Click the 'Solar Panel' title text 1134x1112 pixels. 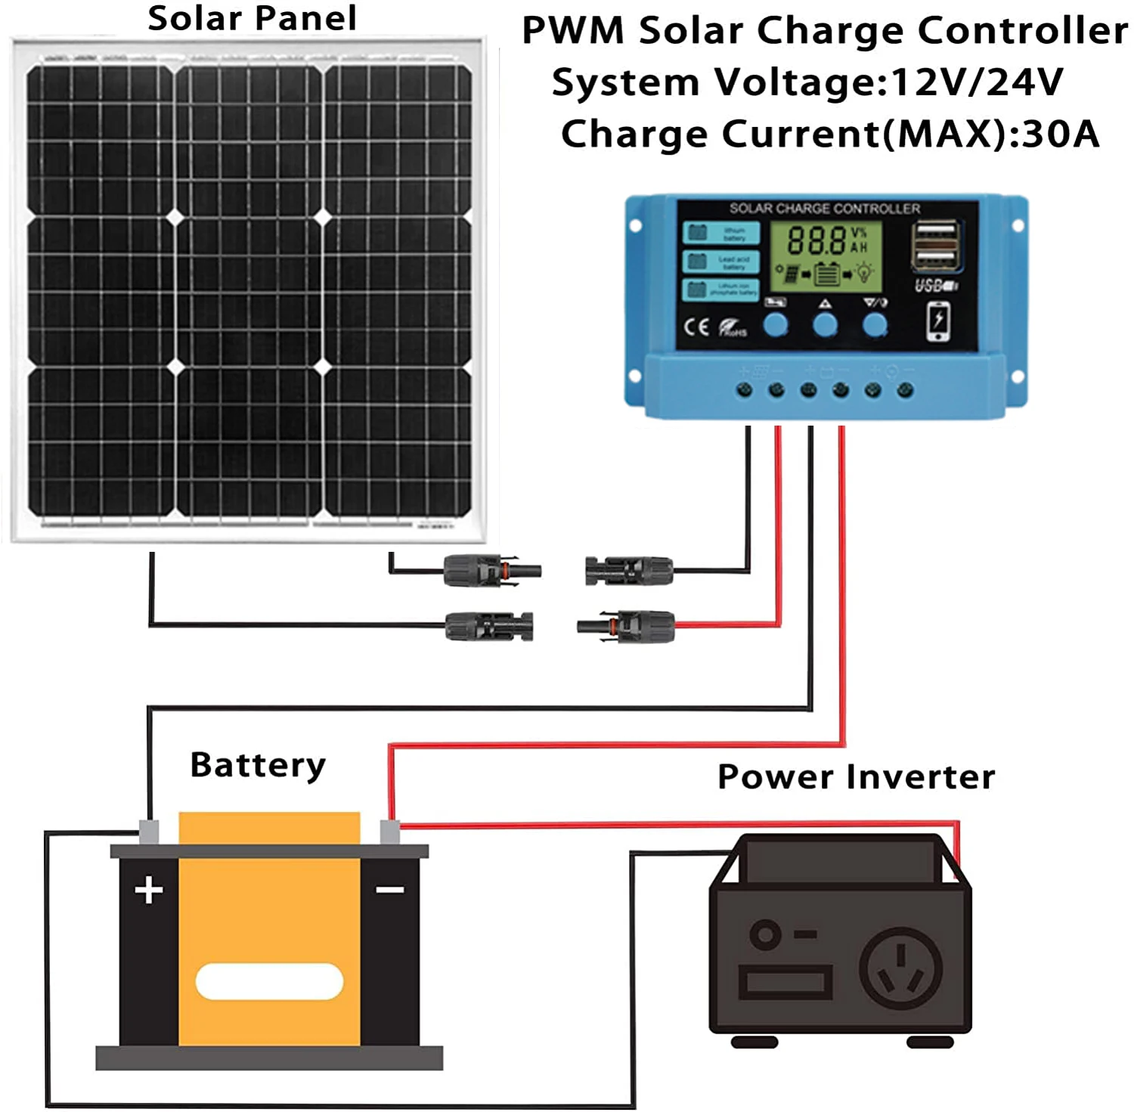point(252,18)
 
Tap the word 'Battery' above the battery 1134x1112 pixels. point(258,765)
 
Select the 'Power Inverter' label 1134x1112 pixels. point(856,777)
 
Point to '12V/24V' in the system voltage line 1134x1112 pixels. point(978,82)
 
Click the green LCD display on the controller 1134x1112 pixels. point(826,256)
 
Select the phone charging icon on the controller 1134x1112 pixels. point(938,321)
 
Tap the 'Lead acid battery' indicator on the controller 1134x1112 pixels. point(720,262)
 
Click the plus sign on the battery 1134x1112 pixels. point(149,890)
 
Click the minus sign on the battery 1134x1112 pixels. point(390,890)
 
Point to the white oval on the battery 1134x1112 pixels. point(269,981)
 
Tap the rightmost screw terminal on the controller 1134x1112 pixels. point(905,390)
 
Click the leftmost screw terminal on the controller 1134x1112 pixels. point(744,390)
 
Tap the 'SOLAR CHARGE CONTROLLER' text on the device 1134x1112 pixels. point(825,208)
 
